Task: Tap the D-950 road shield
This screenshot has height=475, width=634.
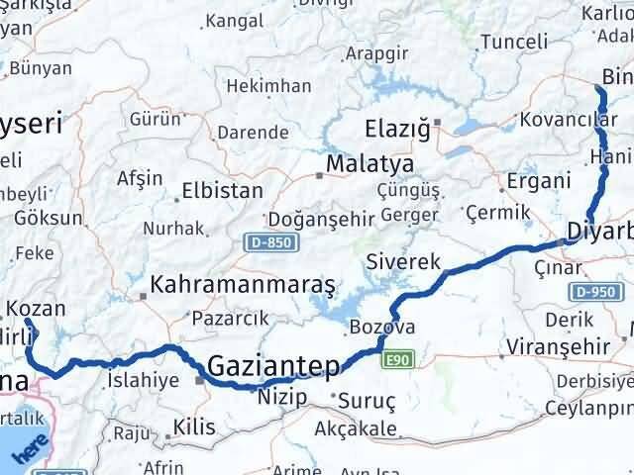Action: click(593, 291)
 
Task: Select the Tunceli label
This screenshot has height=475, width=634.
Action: click(513, 42)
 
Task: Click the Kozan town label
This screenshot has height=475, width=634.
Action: click(44, 309)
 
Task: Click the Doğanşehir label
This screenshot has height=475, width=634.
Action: click(309, 219)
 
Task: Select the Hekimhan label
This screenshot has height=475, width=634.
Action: click(268, 86)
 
